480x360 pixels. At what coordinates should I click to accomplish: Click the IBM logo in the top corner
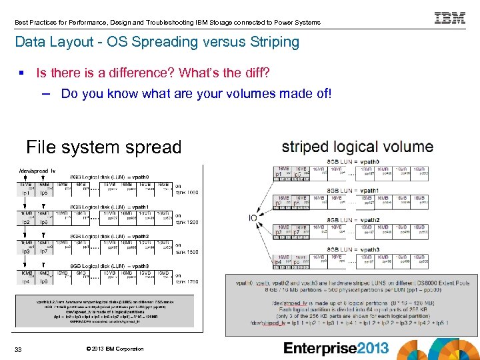tap(450, 18)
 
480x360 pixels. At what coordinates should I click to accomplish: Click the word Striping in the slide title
tap(272, 42)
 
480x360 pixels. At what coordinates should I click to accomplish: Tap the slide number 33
tap(19, 349)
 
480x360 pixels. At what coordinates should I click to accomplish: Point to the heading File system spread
tap(103, 147)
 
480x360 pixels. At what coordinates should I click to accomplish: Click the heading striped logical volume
tap(357, 147)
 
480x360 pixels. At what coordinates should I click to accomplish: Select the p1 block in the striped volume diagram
tap(279, 175)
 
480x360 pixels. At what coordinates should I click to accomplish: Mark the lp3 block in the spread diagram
tap(25, 251)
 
